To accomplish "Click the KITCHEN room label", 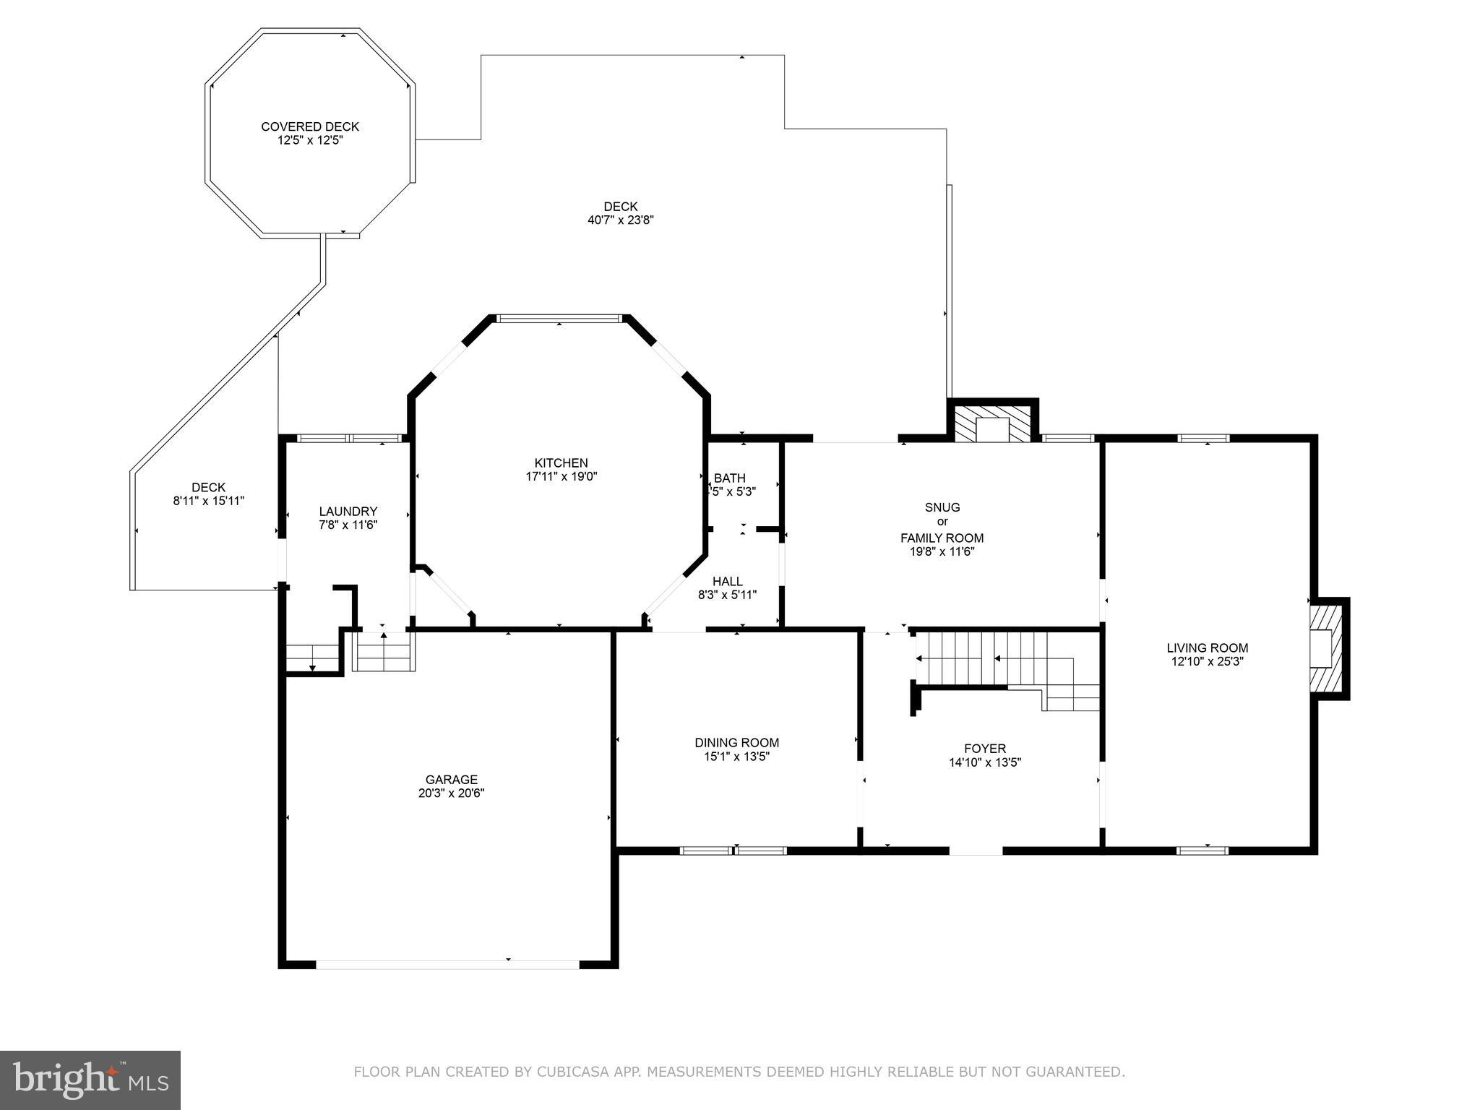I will (x=561, y=462).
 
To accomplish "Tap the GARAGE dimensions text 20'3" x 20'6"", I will (x=451, y=793).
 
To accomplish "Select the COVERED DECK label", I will (x=310, y=126).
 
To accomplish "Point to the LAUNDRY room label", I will (x=348, y=511).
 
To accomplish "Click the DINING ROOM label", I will (x=736, y=742).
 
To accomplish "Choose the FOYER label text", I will (x=984, y=749).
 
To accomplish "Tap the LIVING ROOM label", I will (x=1207, y=648).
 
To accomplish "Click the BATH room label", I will (x=730, y=478).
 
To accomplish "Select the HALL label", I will (x=727, y=581).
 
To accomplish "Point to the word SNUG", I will (x=942, y=507).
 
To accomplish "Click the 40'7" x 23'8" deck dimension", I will (x=620, y=220).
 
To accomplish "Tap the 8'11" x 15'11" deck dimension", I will (x=208, y=501).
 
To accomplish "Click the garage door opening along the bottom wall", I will (x=447, y=964).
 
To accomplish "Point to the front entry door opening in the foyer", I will (x=975, y=850).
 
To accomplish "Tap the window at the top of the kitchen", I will (x=559, y=318).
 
